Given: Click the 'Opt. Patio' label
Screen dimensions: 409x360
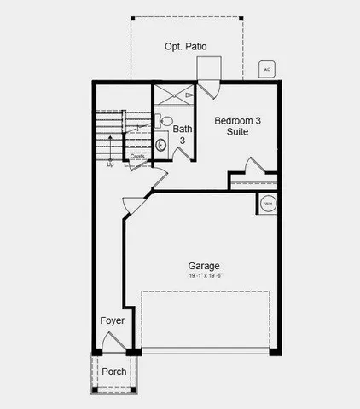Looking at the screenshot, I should (186, 47).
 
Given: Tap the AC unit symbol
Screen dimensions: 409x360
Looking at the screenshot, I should (265, 69).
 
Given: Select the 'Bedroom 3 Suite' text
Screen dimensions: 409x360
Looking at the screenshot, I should (237, 126).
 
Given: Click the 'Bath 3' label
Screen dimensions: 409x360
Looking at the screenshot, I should (182, 135).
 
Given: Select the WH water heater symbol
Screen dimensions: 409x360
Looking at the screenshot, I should (267, 204).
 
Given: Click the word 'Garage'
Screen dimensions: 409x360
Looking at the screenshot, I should (205, 266).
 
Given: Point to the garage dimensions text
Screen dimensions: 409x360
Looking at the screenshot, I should (205, 276).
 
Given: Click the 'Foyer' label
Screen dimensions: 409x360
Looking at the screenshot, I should (112, 320).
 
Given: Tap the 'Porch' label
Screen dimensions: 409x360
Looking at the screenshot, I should (114, 372).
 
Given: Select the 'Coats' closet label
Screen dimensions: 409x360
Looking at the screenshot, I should (137, 156).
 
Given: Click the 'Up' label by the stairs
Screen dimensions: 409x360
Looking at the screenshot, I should (110, 164).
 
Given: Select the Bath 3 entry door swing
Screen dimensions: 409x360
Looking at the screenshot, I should (182, 153).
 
